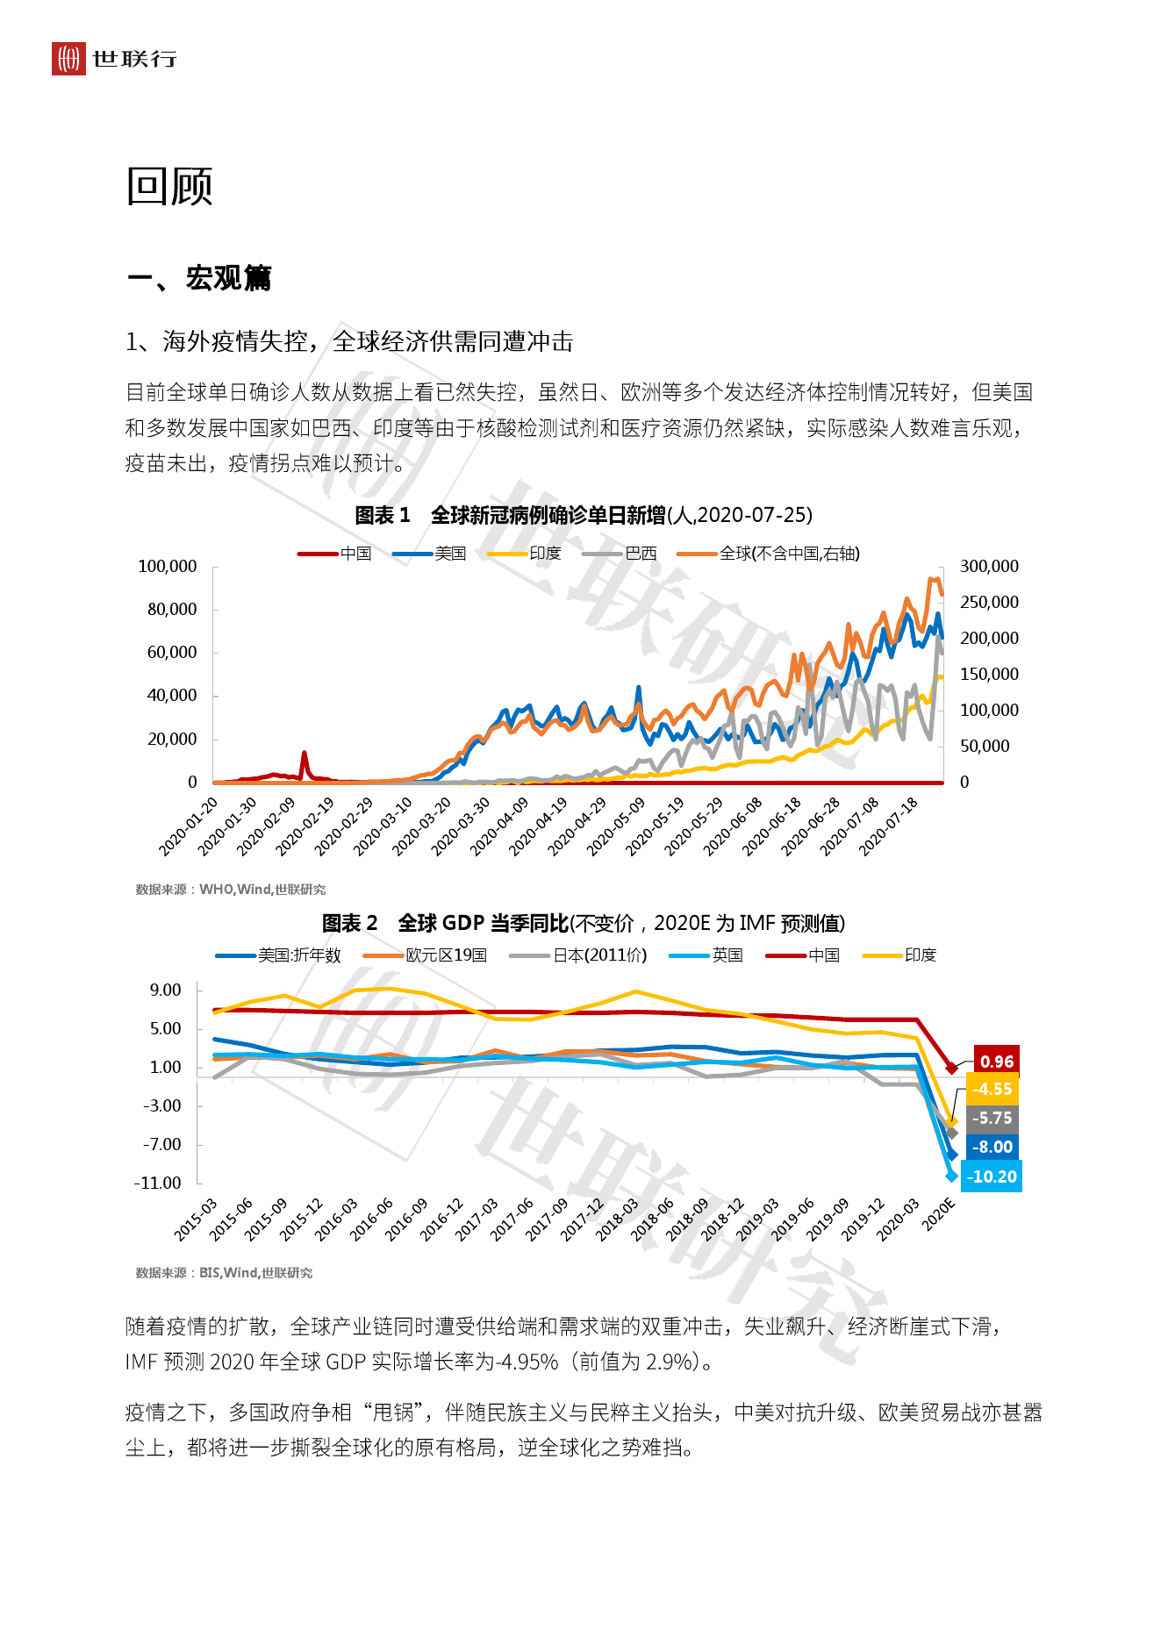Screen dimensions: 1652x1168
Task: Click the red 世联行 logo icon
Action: pos(68,59)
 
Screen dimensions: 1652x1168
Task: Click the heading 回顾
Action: pos(169,187)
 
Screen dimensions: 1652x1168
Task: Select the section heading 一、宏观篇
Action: pos(199,278)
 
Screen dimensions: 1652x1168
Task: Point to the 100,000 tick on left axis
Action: pos(167,567)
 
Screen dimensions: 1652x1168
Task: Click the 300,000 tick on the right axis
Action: pos(989,567)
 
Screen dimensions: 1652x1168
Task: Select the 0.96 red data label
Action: pos(996,1062)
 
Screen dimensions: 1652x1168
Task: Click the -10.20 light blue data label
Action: pos(992,1176)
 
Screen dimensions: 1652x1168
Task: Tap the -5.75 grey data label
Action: pos(992,1119)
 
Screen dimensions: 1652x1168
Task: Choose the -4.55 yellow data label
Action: pos(992,1090)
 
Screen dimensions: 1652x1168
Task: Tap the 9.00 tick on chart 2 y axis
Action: pos(165,990)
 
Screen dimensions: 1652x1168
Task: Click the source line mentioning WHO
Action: pos(230,890)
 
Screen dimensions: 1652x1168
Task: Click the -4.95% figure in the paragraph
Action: pos(527,1362)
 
